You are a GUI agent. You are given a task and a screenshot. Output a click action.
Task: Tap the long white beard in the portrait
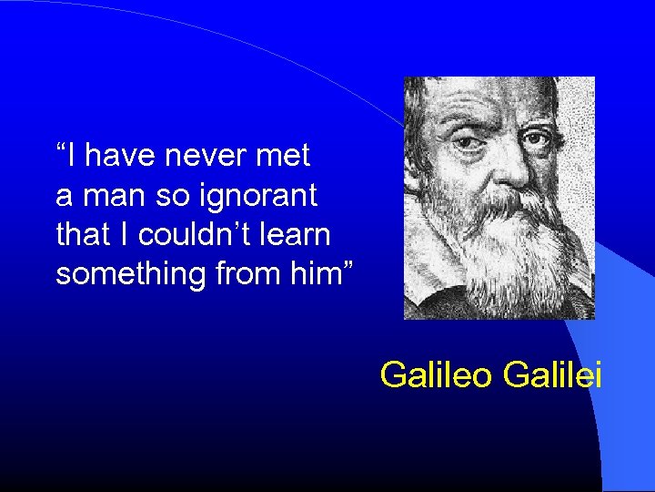[x=509, y=246]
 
